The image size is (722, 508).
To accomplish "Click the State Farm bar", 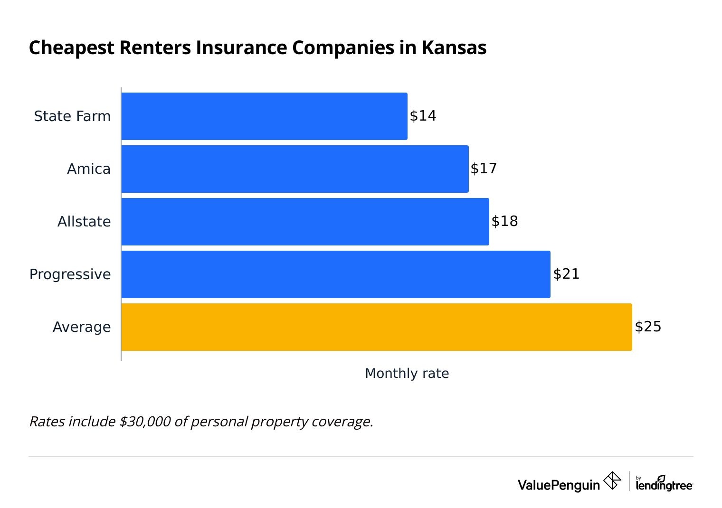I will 264,116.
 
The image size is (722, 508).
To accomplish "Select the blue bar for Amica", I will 295,169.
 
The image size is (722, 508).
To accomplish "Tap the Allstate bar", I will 305,222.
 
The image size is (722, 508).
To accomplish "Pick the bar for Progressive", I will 336,274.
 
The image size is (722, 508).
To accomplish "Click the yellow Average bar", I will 377,327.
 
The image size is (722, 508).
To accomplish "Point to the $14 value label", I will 423,116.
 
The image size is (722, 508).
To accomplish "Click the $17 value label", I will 484,169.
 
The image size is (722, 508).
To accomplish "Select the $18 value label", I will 504,221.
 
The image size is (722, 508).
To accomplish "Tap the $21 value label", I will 566,274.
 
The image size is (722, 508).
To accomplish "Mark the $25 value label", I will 648,327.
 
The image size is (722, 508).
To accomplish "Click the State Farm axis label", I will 72,116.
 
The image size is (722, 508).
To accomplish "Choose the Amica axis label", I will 89,169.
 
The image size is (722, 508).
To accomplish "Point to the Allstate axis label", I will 84,222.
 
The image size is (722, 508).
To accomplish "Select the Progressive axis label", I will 70,274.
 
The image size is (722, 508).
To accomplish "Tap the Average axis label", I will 82,327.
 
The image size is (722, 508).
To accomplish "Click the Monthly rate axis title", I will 407,374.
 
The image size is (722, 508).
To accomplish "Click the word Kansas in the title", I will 454,48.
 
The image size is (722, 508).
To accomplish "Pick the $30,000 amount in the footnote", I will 145,422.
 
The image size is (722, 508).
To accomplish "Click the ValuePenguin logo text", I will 559,485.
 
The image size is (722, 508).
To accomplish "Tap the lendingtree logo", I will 664,484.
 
